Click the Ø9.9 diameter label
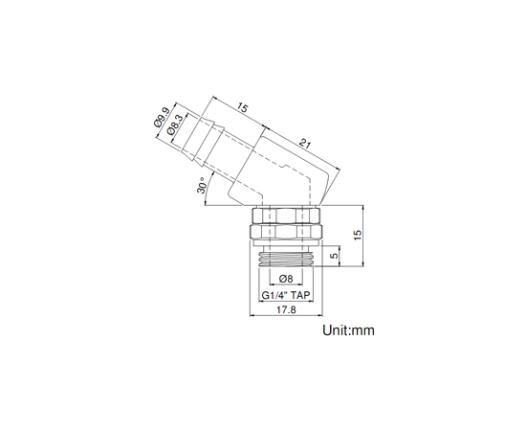[x=162, y=118]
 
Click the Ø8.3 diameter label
[x=176, y=125]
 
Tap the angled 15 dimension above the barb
[x=242, y=108]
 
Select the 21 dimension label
[x=305, y=144]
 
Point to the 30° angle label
[x=201, y=185]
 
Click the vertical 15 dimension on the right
[x=358, y=235]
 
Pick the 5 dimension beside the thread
[x=334, y=256]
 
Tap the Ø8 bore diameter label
[x=286, y=279]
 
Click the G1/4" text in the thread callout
[x=274, y=296]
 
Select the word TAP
[x=300, y=296]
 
